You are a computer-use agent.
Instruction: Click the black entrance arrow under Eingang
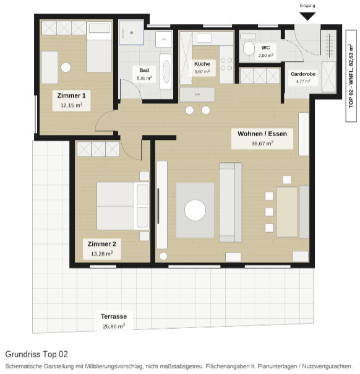pos(307,16)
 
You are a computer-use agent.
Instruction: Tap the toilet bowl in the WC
pos(249,48)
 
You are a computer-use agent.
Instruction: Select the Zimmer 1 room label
pos(71,95)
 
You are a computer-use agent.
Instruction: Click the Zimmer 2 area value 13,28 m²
pos(101,253)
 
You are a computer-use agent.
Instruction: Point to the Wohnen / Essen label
pos(262,134)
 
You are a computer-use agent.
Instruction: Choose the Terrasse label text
pos(114,316)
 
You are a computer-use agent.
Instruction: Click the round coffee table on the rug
pos(195,211)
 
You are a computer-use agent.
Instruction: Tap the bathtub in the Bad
pos(166,71)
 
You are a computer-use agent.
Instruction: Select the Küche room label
pos(202,64)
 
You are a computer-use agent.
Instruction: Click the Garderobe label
pos(303,74)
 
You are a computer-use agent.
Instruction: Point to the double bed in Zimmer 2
pos(123,206)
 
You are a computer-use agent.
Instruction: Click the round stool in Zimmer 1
pos(66,67)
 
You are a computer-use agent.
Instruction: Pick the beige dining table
pos(287,212)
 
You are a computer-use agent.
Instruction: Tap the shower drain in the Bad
pos(132,33)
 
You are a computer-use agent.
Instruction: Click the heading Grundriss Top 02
pos(36,354)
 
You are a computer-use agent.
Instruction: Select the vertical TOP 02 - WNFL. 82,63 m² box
pos(351,76)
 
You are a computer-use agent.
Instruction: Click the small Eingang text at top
pos(307,6)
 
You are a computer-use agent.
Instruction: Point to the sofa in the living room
pos(230,202)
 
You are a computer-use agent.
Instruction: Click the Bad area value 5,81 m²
pos(144,78)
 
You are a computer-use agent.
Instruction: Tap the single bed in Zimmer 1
pos(99,47)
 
